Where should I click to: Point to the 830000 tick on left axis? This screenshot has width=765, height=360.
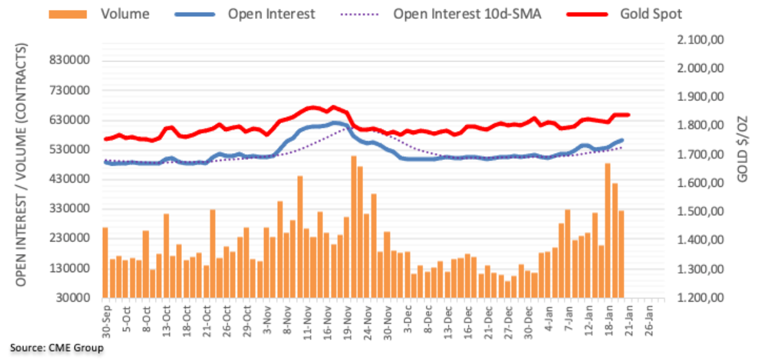(72, 60)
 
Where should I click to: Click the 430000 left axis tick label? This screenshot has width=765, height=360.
(72, 179)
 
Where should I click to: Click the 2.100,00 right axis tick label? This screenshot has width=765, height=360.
(700, 40)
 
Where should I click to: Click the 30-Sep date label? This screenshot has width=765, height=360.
(105, 320)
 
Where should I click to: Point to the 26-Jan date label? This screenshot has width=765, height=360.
(651, 320)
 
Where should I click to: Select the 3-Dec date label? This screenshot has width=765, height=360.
(408, 320)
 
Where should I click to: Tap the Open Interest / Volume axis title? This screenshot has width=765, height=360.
(22, 164)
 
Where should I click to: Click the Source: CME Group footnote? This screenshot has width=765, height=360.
(56, 347)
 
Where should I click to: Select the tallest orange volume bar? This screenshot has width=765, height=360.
(354, 226)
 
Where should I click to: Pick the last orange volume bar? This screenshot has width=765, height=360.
(621, 254)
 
